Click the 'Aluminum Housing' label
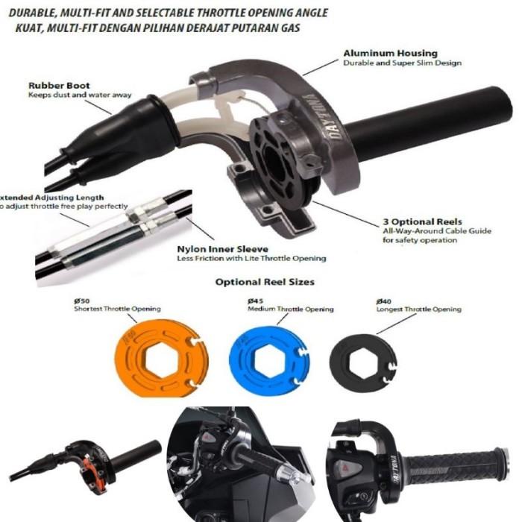tap(390, 54)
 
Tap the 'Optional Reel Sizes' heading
tap(265, 282)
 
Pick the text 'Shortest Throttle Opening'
tap(118, 309)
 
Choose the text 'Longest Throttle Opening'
tap(419, 309)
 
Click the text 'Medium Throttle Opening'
tap(291, 309)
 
